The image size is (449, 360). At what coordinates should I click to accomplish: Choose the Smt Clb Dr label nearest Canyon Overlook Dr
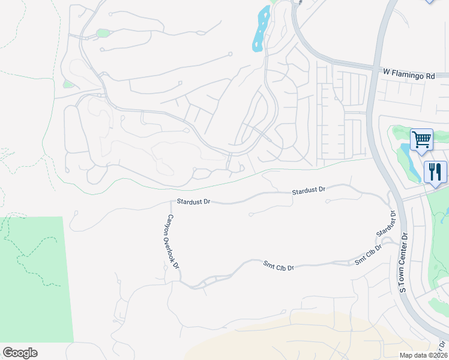[279, 265]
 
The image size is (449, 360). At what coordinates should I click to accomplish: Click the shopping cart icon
[421, 140]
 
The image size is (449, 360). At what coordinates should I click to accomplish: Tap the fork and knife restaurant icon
[435, 172]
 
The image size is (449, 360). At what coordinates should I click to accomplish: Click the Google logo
[20, 353]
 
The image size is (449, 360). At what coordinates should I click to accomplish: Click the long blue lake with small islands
[261, 29]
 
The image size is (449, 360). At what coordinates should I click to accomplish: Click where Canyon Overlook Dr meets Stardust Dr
[172, 203]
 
